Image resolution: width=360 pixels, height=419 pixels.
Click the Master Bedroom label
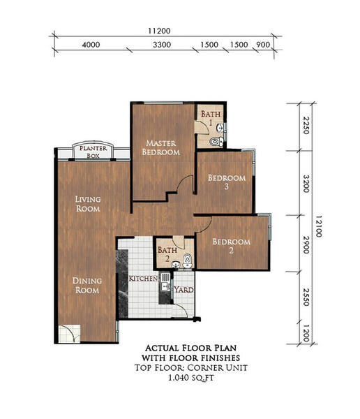coord(161,147)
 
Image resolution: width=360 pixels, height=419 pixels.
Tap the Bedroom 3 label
coord(227,182)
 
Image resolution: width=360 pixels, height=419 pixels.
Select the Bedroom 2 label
coord(231,246)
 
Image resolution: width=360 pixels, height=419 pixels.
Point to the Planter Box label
coord(93,152)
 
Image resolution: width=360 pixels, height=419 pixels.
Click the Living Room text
coord(88,204)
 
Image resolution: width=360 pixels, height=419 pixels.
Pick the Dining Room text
coord(87,285)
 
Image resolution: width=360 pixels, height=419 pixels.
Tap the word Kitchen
coord(143,279)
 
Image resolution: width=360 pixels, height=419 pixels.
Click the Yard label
coord(183,290)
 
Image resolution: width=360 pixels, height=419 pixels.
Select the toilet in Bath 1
coord(216,141)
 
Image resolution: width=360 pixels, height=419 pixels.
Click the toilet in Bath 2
coord(188,260)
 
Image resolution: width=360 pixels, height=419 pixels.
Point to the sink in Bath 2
coord(175,264)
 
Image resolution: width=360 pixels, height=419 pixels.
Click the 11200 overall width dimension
coord(159,31)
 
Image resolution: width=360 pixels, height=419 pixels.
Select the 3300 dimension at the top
coord(162,45)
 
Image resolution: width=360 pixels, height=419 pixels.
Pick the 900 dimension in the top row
coord(263,45)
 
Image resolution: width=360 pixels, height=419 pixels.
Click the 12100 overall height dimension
coord(319,226)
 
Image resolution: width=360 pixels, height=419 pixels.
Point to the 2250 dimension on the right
coord(306,126)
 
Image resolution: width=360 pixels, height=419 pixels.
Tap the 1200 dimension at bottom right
coord(306,333)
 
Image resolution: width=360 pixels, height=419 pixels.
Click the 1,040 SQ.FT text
coord(191,378)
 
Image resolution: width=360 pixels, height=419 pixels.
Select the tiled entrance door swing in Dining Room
coord(70,334)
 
